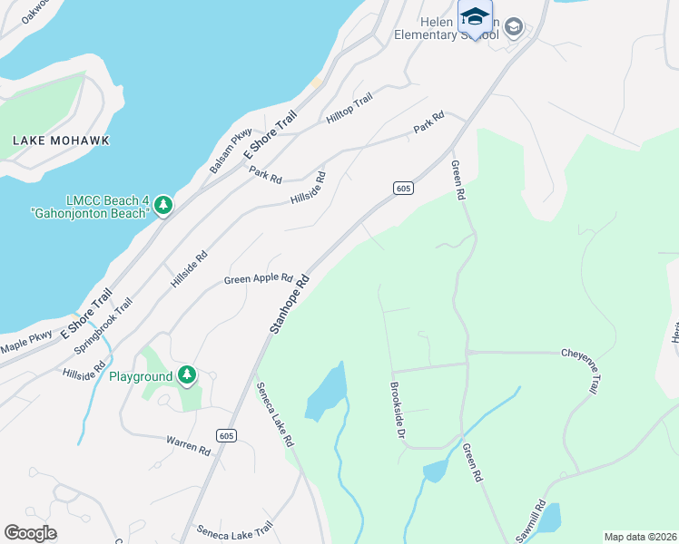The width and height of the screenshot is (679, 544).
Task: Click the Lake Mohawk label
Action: pyautogui.click(x=60, y=141)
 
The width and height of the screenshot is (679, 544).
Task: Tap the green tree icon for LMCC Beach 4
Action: pyautogui.click(x=163, y=206)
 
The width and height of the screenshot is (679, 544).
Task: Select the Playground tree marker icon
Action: pyautogui.click(x=187, y=374)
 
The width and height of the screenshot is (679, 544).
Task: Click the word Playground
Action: pyautogui.click(x=141, y=376)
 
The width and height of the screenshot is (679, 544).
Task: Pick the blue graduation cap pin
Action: pyautogui.click(x=475, y=18)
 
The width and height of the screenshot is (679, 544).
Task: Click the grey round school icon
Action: pyautogui.click(x=514, y=27)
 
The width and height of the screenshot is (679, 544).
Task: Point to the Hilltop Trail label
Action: pyautogui.click(x=349, y=110)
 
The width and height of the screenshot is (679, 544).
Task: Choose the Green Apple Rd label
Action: pyautogui.click(x=258, y=279)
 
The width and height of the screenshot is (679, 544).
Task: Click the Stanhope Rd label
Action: pyautogui.click(x=290, y=303)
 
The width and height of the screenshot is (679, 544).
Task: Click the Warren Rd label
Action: pyautogui.click(x=188, y=444)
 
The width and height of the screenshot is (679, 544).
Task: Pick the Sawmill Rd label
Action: pyautogui.click(x=530, y=521)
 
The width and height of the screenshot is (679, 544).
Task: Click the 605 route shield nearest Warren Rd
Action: pyautogui.click(x=227, y=436)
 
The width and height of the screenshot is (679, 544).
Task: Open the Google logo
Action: pyautogui.click(x=30, y=533)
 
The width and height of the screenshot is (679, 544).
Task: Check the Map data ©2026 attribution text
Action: pyautogui.click(x=640, y=537)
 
